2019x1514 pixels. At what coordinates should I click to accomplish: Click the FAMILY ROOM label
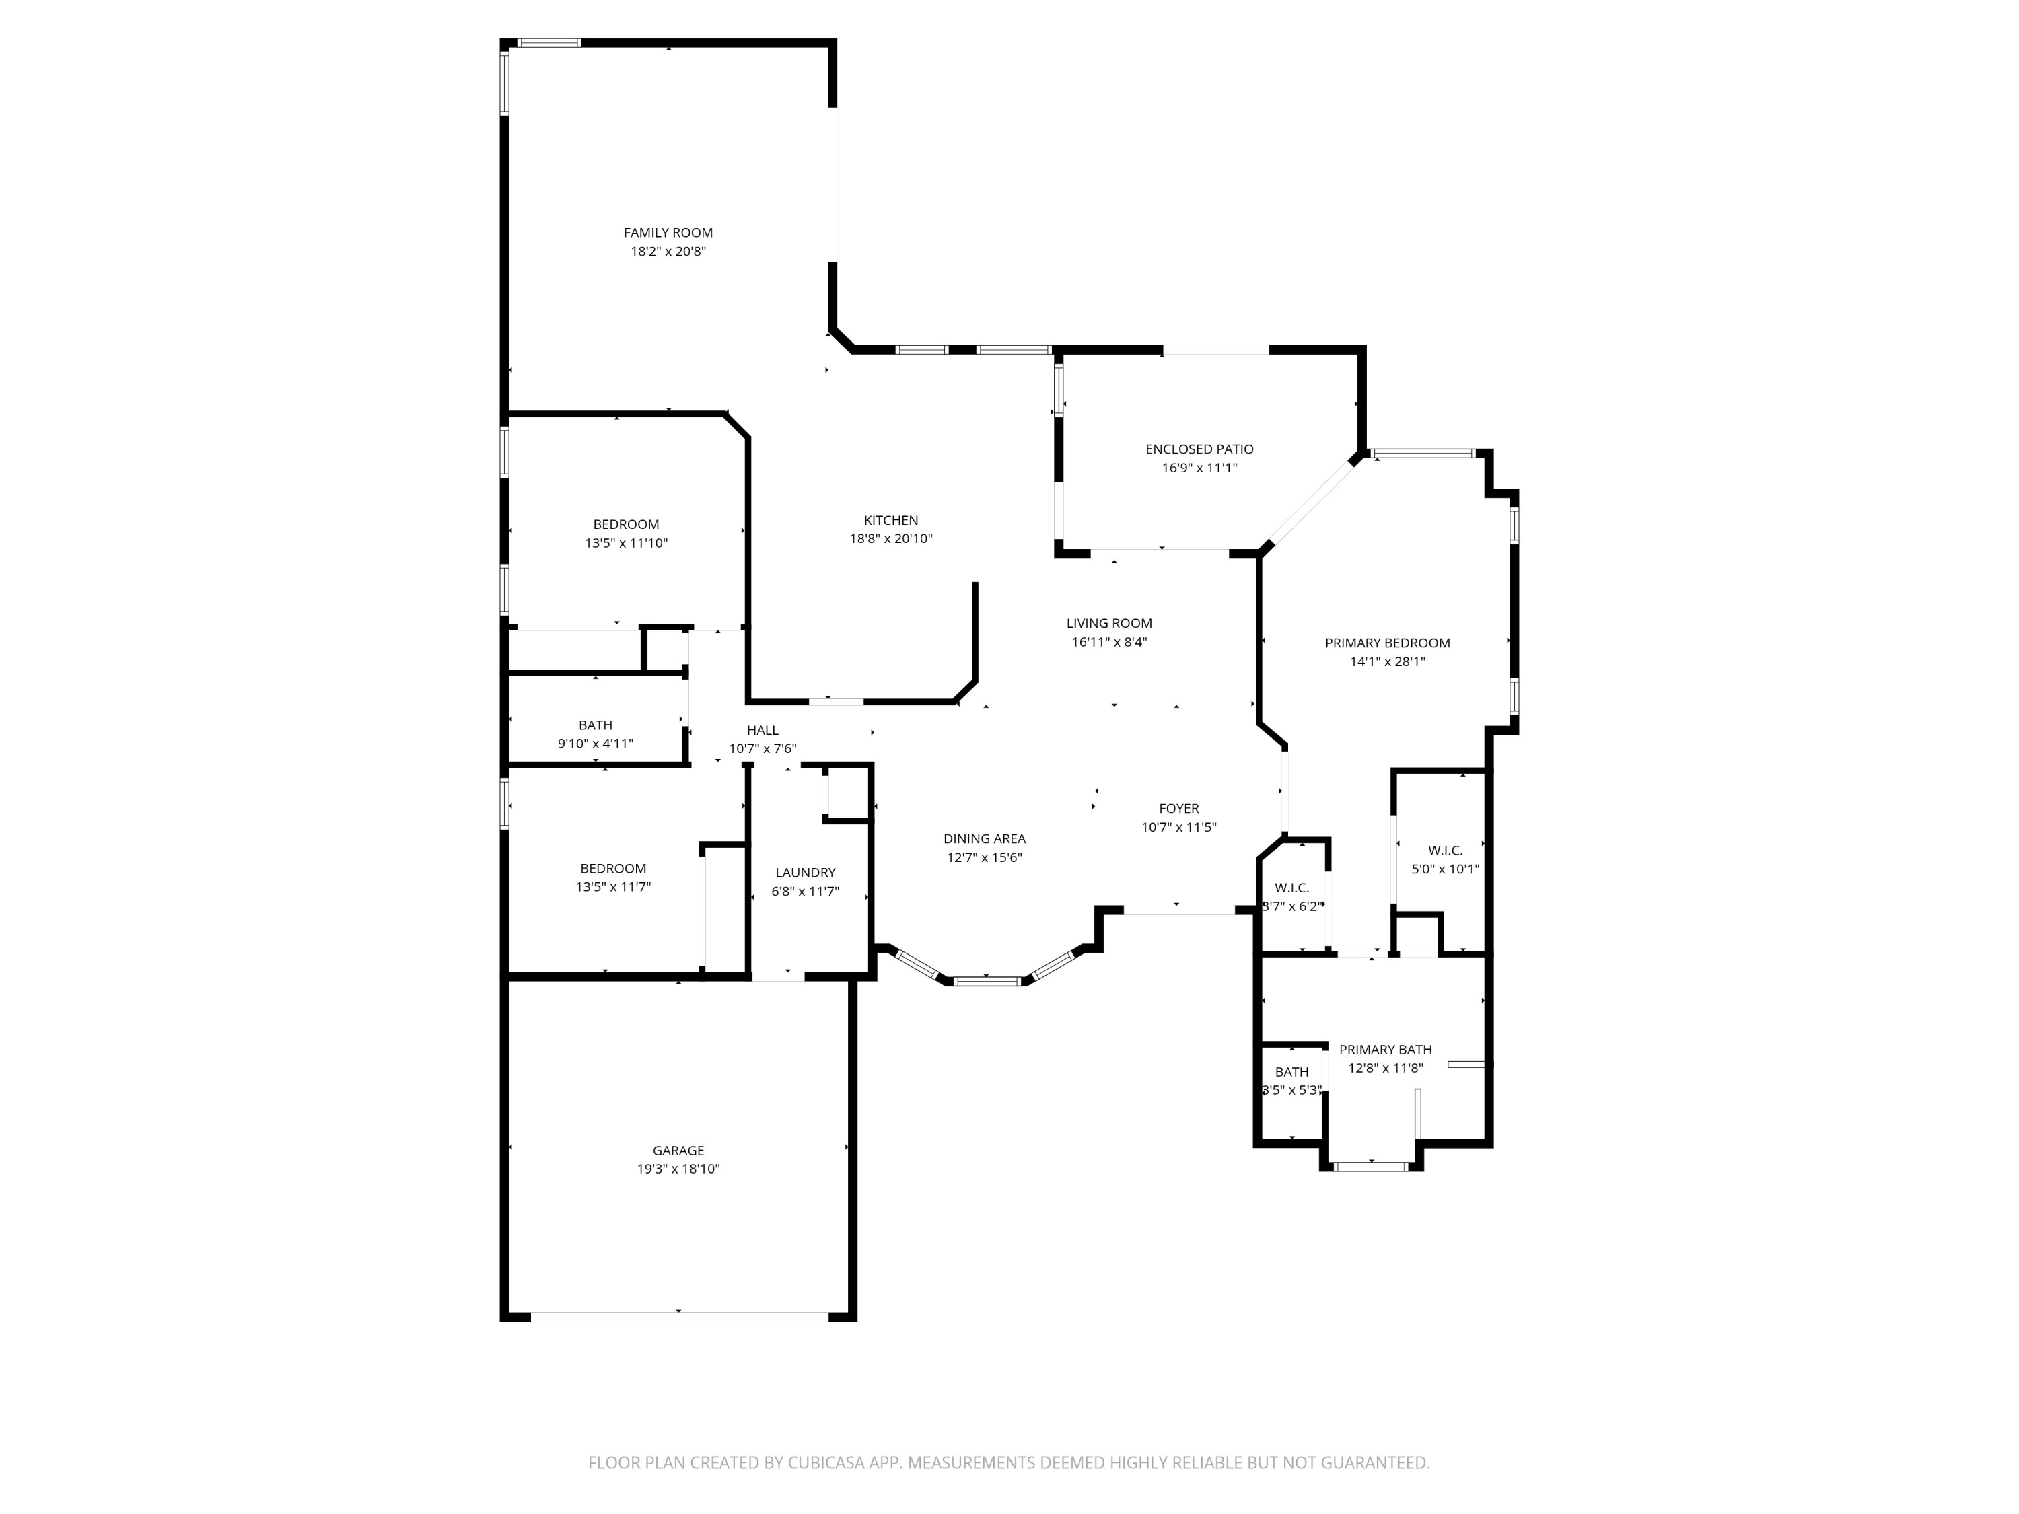[668, 233]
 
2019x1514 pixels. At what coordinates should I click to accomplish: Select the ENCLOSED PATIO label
[1199, 449]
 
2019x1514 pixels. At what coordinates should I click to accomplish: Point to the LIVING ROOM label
[1109, 623]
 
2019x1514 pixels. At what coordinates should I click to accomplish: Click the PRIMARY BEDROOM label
[1387, 643]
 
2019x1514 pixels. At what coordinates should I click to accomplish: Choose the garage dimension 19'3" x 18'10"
[678, 1169]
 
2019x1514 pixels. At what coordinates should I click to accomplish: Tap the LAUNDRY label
[805, 873]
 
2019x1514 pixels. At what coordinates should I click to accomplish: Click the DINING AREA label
[984, 838]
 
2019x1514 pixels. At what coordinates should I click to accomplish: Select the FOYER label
[1178, 809]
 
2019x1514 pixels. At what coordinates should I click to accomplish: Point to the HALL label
[762, 730]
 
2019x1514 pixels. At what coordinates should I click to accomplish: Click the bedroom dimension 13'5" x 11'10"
[626, 543]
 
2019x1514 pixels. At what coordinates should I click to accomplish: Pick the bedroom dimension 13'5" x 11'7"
[612, 886]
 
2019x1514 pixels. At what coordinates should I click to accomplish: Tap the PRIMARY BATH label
[1386, 1050]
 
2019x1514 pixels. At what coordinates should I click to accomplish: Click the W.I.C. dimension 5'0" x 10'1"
[1445, 869]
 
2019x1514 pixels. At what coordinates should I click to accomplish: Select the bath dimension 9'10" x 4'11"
[595, 743]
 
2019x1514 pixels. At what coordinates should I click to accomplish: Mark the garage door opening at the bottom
[679, 1316]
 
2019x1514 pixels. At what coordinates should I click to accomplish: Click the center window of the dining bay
[987, 981]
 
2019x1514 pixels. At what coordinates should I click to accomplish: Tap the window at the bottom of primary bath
[1370, 1166]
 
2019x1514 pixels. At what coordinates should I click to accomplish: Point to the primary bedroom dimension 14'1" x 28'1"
[1387, 661]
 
